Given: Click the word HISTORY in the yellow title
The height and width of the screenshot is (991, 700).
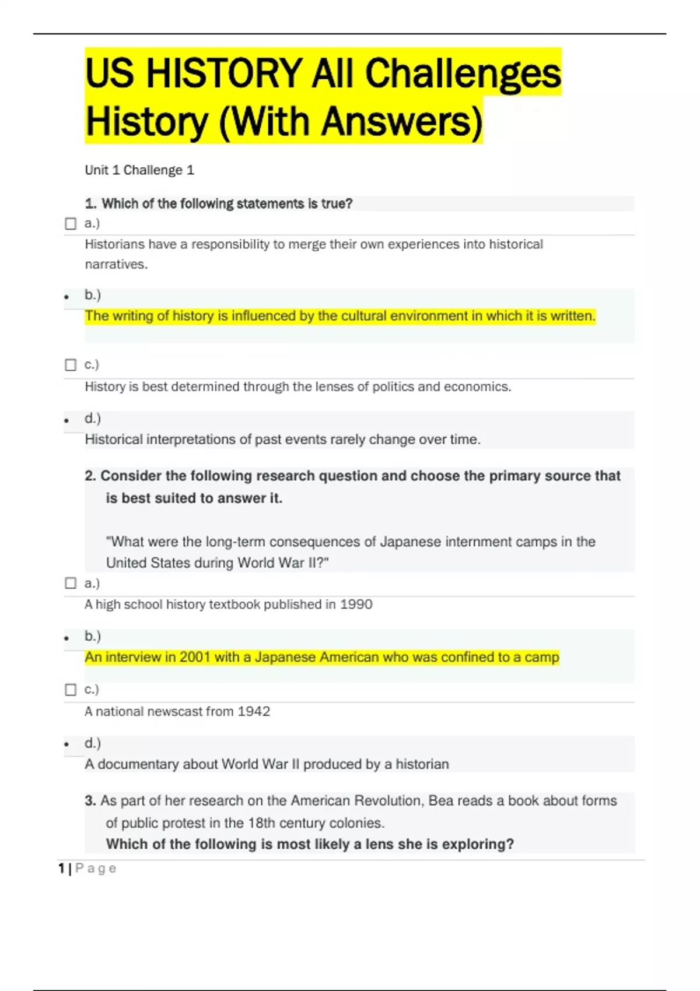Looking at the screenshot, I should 224,74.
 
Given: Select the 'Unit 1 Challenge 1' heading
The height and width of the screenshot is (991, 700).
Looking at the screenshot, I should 139,170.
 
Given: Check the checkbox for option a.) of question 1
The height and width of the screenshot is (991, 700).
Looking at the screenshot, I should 71,224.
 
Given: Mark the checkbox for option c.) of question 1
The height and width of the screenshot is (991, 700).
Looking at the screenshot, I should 71,365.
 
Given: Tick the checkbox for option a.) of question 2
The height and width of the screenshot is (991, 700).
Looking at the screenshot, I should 71,584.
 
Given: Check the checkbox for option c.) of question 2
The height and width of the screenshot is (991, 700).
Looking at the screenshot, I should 71,690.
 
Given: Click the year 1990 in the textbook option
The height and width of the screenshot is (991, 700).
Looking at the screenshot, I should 356,605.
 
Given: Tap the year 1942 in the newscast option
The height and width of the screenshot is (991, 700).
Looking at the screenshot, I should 254,711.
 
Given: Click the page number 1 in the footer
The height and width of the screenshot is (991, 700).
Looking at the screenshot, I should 61,869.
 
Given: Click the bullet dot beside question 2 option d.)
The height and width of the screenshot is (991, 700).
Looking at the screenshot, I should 66,744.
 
